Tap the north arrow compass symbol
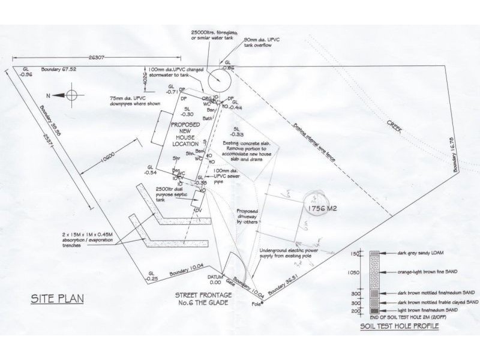pyautogui.click(x=71, y=95)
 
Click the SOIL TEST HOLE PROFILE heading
pyautogui.click(x=400, y=326)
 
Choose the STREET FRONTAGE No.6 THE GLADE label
pyautogui.click(x=203, y=299)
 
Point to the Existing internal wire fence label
pyautogui.click(x=322, y=142)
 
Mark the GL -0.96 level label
pyautogui.click(x=26, y=72)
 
